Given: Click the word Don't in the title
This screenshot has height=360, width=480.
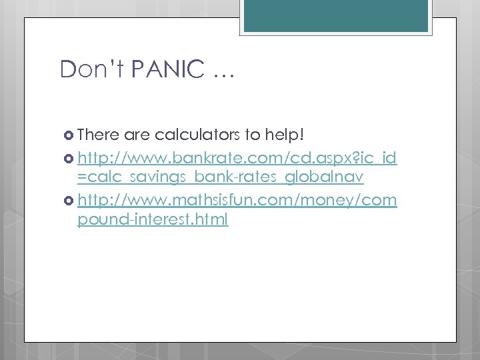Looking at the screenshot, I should coord(87,69).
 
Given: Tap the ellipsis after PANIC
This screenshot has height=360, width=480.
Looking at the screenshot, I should coord(222,73).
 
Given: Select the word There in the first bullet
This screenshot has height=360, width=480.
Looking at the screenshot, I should coord(98,135).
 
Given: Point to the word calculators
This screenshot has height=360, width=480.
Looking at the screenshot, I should coord(198,135).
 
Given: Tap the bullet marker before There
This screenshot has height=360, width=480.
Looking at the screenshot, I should coord(69,136).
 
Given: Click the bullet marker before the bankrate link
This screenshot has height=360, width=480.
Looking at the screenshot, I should coord(69,159).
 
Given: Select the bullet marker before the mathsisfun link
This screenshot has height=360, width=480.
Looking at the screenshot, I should coord(69,200).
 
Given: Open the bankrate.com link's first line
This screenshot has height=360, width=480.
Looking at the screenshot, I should coord(237,158).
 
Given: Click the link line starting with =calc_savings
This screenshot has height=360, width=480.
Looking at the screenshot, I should coord(220,178).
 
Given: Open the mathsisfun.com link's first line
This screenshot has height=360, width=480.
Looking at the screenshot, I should coord(237,199).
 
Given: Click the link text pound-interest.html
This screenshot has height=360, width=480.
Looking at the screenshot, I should coord(153,219).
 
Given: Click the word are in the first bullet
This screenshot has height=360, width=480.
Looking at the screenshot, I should coord(137,136).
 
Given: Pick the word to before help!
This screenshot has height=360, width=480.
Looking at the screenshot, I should coord(253,135).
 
